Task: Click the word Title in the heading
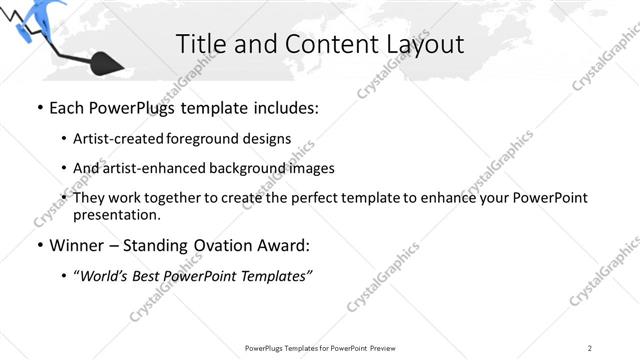tap(200, 44)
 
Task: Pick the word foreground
tap(219, 139)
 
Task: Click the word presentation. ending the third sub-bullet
tap(116, 214)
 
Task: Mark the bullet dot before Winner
tap(39, 245)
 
